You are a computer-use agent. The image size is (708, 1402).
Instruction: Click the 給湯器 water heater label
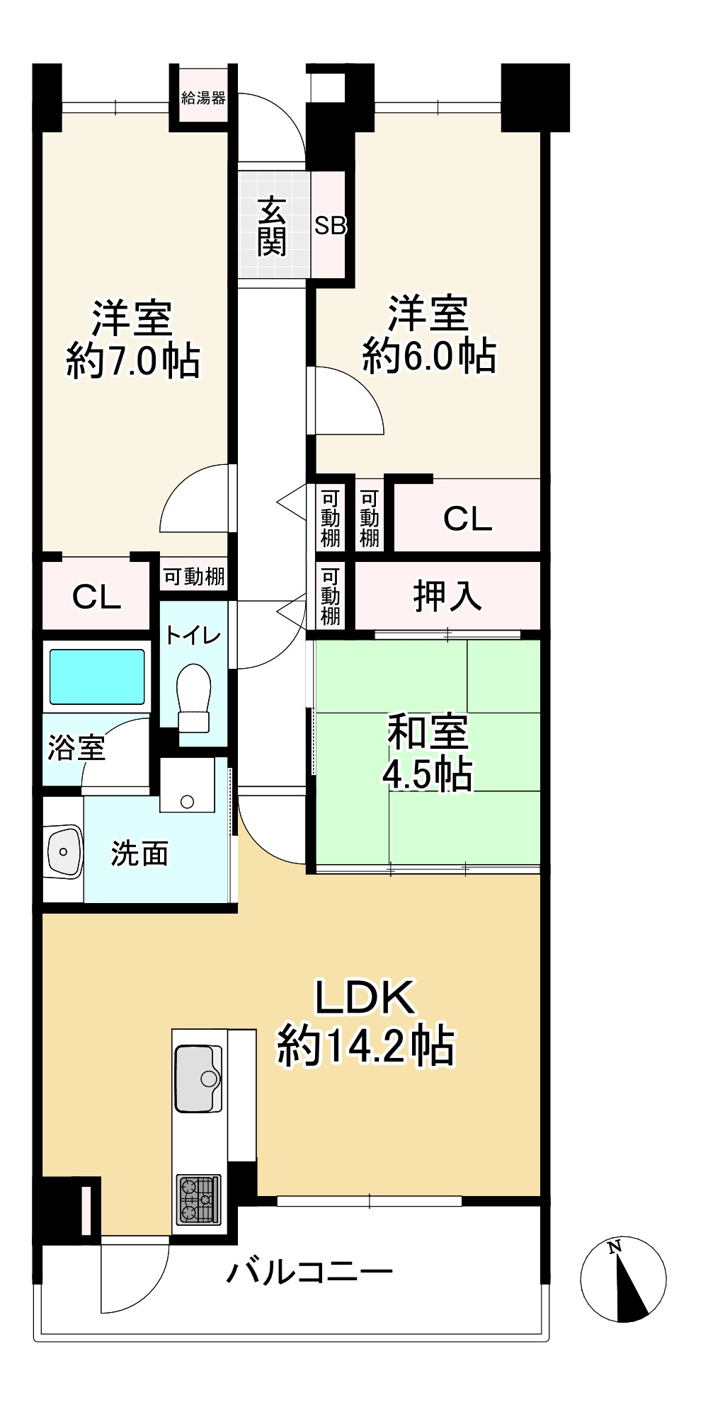[203, 98]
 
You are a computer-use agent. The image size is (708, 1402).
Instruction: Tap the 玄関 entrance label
[271, 226]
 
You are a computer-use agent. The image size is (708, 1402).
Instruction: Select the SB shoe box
[330, 226]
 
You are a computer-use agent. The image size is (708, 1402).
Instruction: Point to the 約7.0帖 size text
[133, 361]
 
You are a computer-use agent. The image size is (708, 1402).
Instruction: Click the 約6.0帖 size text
[429, 356]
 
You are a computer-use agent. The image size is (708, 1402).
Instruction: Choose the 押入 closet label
[447, 595]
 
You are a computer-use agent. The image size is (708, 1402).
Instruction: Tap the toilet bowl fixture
[194, 697]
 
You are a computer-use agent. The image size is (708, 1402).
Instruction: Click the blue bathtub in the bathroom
[98, 675]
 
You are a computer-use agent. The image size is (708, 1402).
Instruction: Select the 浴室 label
[76, 748]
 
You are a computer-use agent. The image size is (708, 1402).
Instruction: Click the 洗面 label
[139, 854]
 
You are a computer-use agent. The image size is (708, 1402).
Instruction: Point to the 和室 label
[428, 732]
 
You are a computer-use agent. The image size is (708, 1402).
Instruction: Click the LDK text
[365, 998]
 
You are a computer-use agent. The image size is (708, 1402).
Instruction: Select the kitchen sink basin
[199, 1078]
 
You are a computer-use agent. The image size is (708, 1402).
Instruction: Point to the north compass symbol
[623, 1279]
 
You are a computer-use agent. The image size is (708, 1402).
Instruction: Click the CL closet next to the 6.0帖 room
[467, 519]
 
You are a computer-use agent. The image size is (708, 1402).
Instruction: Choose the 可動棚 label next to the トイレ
[194, 577]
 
